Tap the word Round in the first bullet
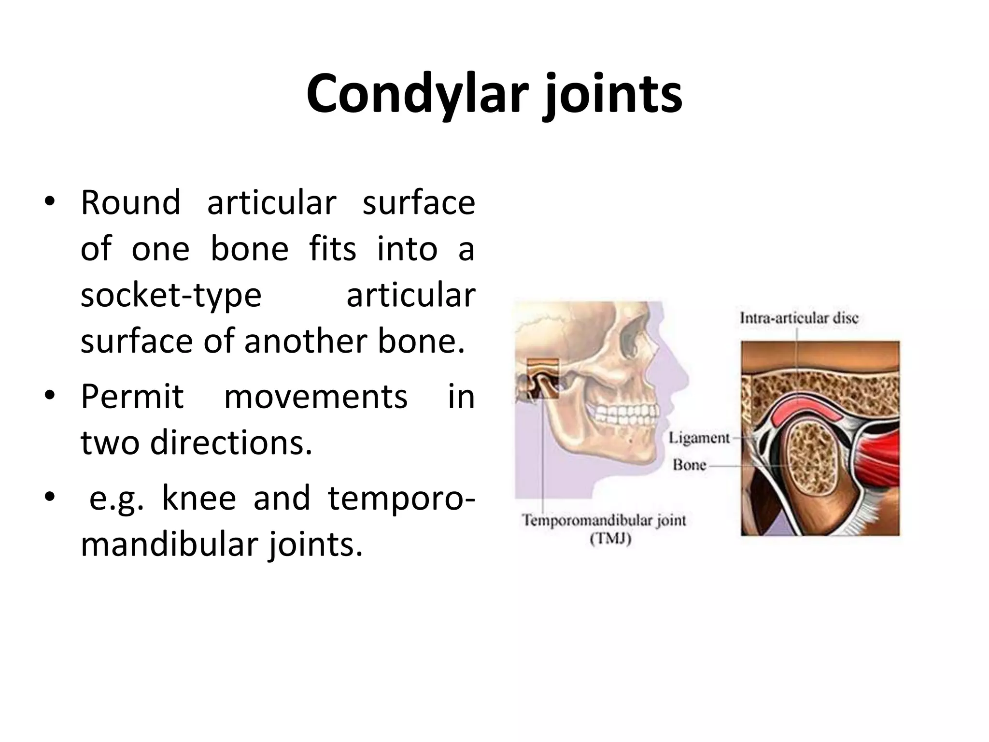pyautogui.click(x=130, y=203)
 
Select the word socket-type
pyautogui.click(x=171, y=295)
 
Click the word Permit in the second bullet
pyautogui.click(x=132, y=397)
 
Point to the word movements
pyautogui.click(x=316, y=397)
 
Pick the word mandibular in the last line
pyautogui.click(x=167, y=545)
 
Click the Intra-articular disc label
pyautogui.click(x=799, y=318)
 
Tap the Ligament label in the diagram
pyautogui.click(x=699, y=438)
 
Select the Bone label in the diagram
pyautogui.click(x=690, y=465)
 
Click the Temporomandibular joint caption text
pyautogui.click(x=604, y=520)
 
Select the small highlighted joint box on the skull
pyautogui.click(x=542, y=378)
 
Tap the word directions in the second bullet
pyautogui.click(x=231, y=443)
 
